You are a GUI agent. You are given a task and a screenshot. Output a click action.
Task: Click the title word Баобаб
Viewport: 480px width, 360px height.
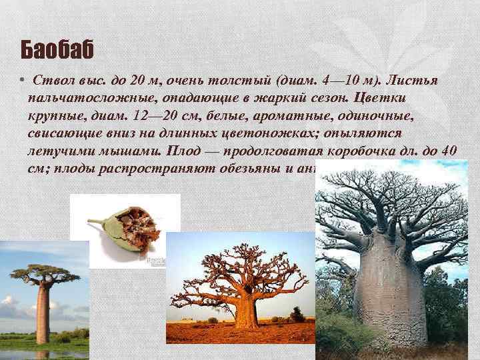[x=57, y=49]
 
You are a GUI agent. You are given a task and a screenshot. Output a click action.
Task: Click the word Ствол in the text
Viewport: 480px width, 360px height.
[x=52, y=81]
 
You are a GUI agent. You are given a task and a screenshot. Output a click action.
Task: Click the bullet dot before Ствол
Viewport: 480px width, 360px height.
[x=23, y=81]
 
